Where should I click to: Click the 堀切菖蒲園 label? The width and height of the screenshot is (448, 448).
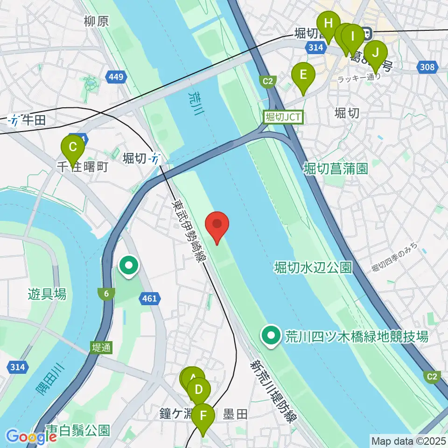pos(336,167)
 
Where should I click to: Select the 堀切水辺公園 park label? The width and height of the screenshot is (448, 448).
pos(313,267)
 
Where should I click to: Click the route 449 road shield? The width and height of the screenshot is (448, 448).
pos(116,76)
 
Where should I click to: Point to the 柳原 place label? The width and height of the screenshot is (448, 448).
pos(97,21)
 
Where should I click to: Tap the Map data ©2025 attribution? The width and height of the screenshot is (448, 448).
pos(408,440)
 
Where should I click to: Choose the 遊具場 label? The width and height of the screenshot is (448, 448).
pos(47,294)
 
